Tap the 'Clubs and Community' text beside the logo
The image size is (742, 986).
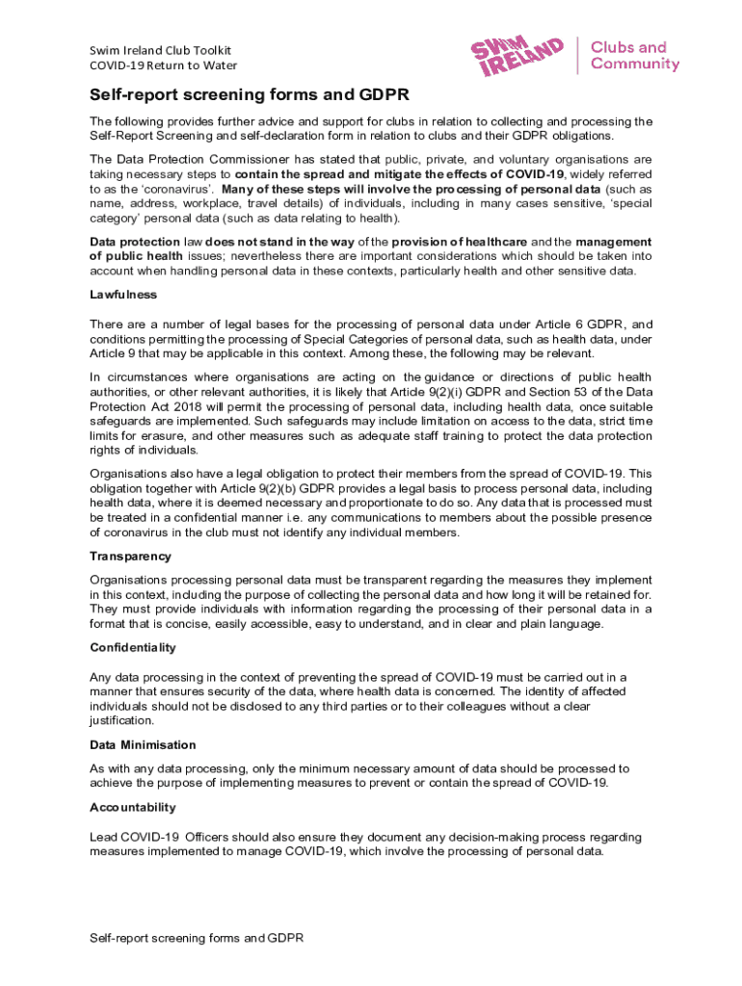634,56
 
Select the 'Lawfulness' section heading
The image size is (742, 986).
123,295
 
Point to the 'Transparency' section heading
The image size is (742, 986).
130,557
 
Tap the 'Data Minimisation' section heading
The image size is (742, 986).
142,745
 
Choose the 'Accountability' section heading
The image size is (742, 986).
133,807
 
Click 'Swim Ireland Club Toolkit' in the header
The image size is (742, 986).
160,50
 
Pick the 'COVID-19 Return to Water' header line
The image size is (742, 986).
163,65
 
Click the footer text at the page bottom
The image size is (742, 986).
197,936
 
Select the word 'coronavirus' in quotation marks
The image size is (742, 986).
167,190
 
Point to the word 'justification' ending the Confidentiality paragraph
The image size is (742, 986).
121,720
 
